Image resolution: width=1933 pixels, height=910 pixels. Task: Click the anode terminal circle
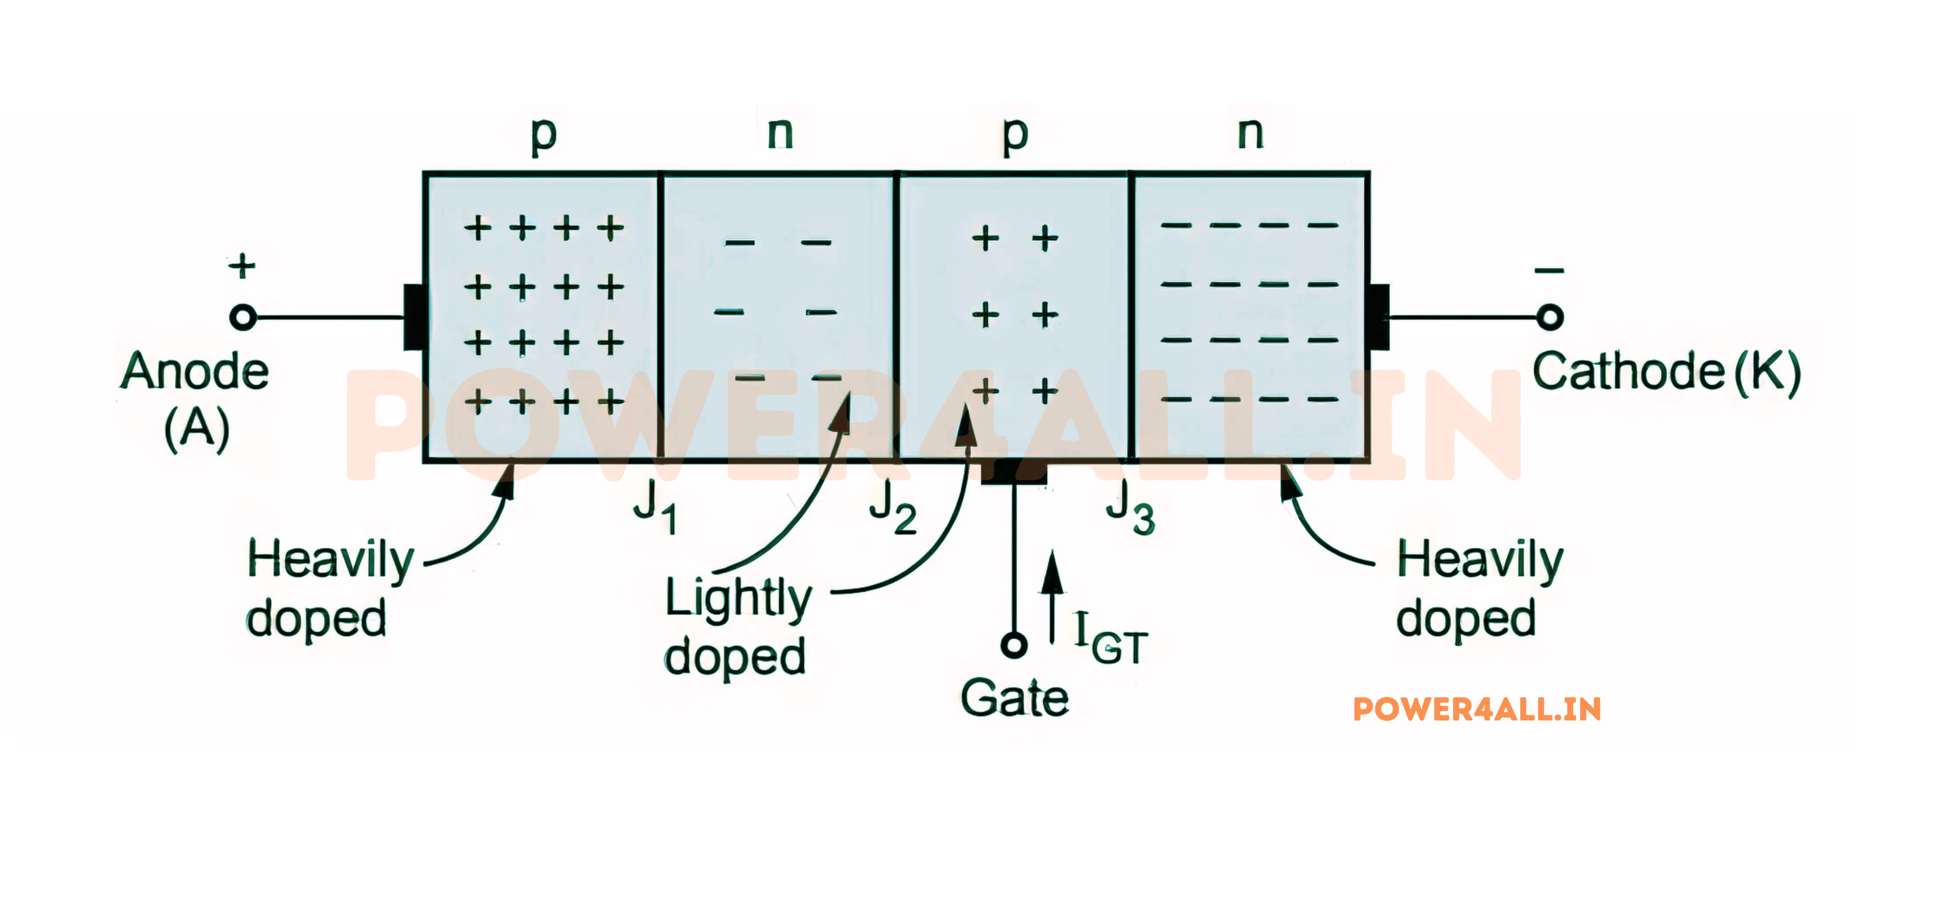click(242, 317)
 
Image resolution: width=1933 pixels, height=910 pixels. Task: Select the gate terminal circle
click(1014, 644)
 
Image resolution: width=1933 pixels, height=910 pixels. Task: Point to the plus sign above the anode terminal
click(242, 266)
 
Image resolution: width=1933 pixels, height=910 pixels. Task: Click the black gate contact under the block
click(1014, 473)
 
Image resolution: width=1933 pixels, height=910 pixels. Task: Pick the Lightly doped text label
click(737, 626)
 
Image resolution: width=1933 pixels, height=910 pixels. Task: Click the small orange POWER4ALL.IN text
click(1477, 709)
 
